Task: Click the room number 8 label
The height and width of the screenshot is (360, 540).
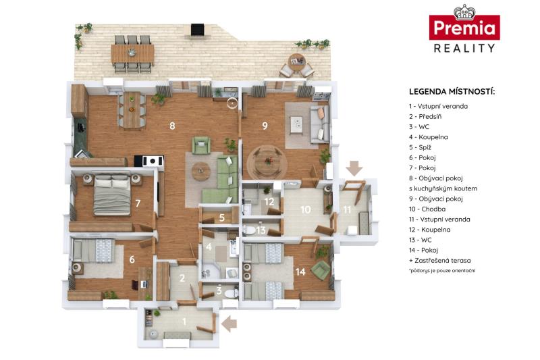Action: click(x=172, y=126)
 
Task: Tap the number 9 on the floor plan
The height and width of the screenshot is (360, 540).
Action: click(x=265, y=126)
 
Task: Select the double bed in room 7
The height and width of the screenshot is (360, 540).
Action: click(x=112, y=195)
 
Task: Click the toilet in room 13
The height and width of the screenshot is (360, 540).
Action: click(x=250, y=230)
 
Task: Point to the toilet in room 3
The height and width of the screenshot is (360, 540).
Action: click(x=230, y=294)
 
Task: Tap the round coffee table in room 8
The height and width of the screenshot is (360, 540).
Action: click(x=201, y=171)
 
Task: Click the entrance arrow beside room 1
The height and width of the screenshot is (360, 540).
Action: click(x=229, y=324)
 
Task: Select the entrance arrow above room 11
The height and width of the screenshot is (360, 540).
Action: click(x=354, y=168)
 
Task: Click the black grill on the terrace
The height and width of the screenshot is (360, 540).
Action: click(x=197, y=29)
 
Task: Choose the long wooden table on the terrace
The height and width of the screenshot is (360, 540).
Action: click(x=132, y=54)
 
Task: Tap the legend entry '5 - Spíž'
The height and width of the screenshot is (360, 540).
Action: click(x=420, y=147)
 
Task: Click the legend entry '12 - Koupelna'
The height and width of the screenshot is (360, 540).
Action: click(x=430, y=230)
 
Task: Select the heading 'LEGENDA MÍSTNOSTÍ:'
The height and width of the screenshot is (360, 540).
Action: click(x=452, y=92)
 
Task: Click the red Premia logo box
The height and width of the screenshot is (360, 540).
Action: click(x=464, y=27)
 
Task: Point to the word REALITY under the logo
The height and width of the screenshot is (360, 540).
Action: click(x=464, y=48)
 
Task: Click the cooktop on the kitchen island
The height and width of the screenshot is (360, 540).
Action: click(x=153, y=161)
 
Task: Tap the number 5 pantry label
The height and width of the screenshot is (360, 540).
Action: click(x=222, y=217)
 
